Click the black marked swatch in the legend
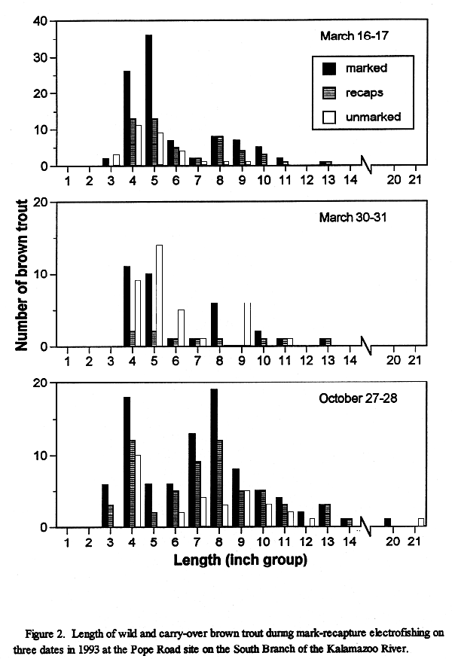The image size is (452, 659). [329, 69]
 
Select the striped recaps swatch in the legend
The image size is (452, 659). [329, 93]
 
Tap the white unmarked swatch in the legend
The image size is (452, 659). [329, 117]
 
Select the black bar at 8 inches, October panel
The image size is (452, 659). [214, 458]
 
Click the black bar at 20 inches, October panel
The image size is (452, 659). [387, 523]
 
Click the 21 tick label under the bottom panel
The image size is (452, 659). [414, 542]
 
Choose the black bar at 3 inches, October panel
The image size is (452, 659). [105, 505]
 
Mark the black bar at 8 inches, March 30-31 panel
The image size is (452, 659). [214, 325]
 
